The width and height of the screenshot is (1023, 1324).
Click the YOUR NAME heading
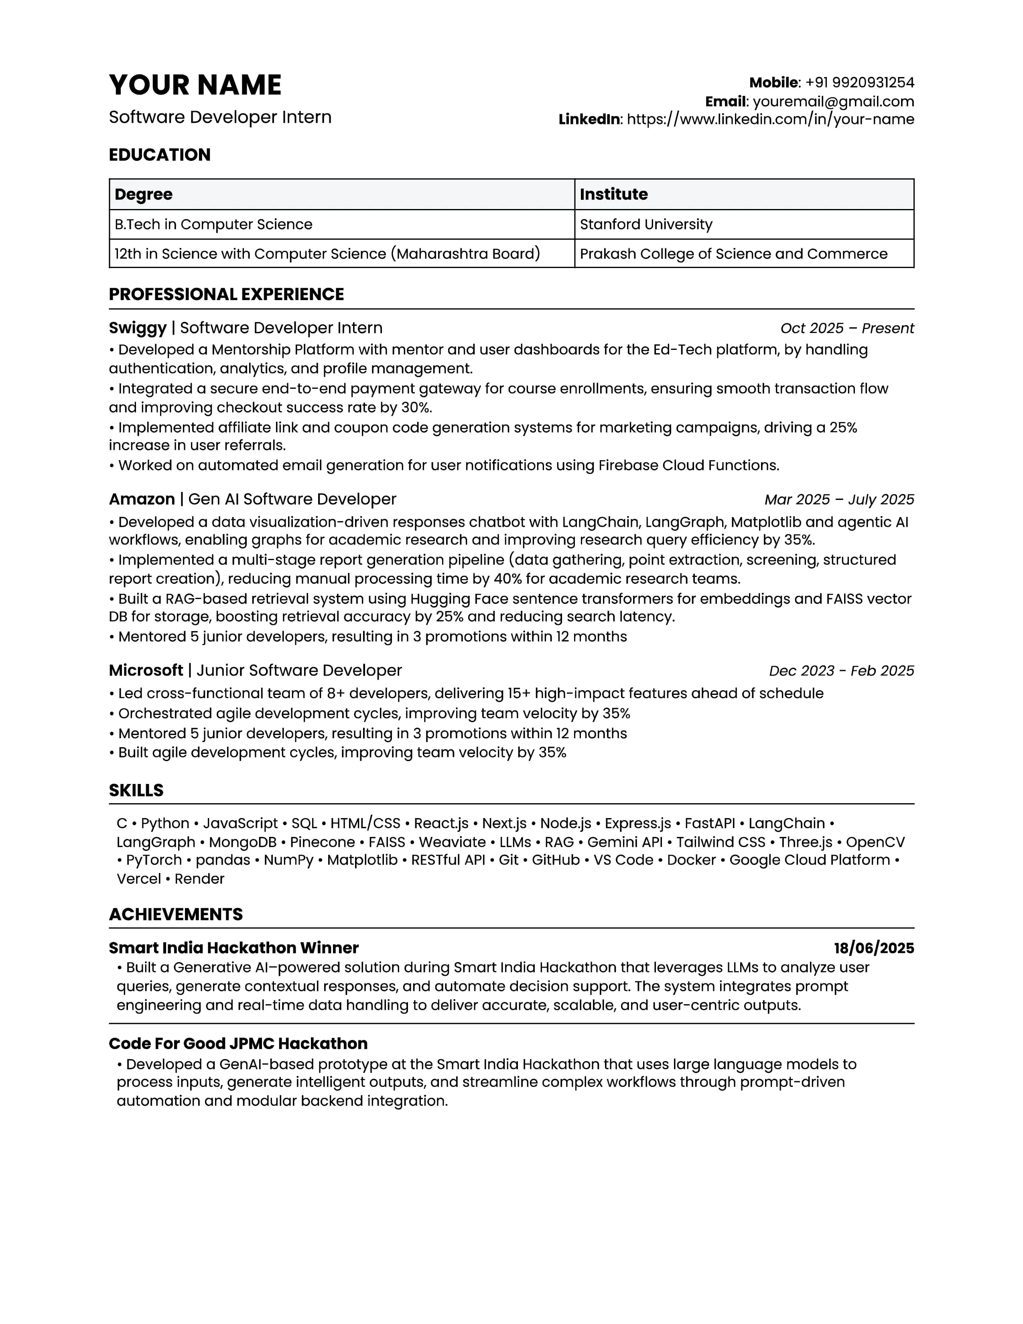(195, 85)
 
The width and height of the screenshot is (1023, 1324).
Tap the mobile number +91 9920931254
(859, 82)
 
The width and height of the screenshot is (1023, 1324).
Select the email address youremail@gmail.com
(833, 101)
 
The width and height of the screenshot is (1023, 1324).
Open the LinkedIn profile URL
(770, 120)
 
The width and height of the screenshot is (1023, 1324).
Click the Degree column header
(144, 195)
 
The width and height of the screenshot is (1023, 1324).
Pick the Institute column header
(613, 195)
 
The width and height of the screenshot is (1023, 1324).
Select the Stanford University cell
(646, 224)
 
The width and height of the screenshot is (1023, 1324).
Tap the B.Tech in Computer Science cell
(213, 224)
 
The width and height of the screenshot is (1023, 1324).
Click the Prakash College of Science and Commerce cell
(733, 254)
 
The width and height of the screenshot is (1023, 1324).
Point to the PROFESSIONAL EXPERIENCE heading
(226, 294)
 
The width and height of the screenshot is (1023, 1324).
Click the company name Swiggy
(138, 328)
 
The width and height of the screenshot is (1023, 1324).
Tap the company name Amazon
(142, 500)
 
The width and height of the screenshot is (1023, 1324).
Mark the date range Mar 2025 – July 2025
(839, 500)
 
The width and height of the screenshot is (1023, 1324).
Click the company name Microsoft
(146, 670)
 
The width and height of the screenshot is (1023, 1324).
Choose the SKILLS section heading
(136, 790)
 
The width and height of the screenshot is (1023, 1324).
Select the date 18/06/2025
(873, 948)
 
